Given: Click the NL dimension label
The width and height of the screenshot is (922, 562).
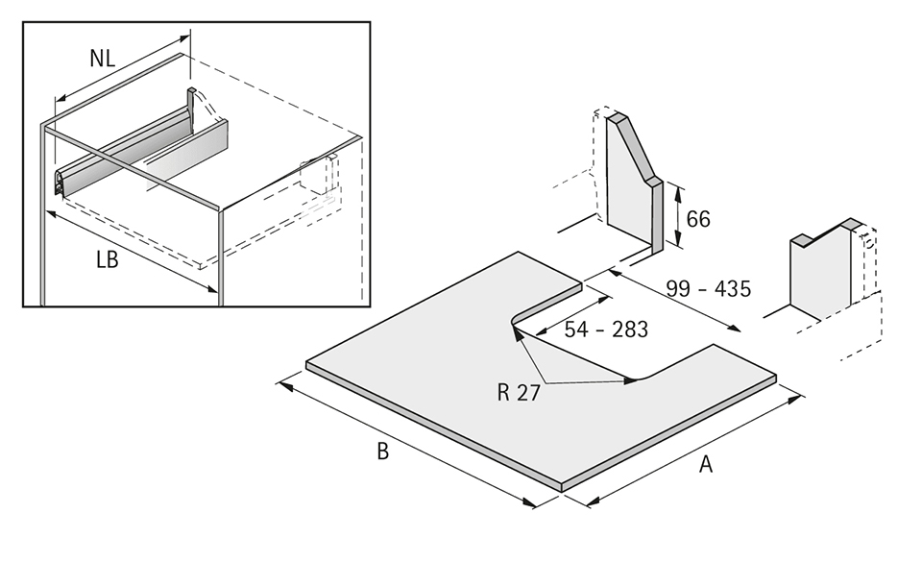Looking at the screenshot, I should click(103, 58).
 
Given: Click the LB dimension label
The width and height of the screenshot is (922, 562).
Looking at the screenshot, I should click(107, 259).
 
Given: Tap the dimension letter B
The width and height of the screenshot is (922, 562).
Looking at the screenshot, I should click(382, 452).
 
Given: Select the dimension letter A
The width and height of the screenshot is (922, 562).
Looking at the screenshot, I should click(706, 464).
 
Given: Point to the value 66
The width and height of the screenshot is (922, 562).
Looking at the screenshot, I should click(698, 219).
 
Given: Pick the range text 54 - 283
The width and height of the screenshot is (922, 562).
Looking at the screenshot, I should click(606, 330).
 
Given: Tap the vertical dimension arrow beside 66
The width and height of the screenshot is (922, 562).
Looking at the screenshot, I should click(678, 217).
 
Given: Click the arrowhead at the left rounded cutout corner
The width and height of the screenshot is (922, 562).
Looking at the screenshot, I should click(516, 332).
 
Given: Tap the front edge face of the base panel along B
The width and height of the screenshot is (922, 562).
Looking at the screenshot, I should click(432, 428).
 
